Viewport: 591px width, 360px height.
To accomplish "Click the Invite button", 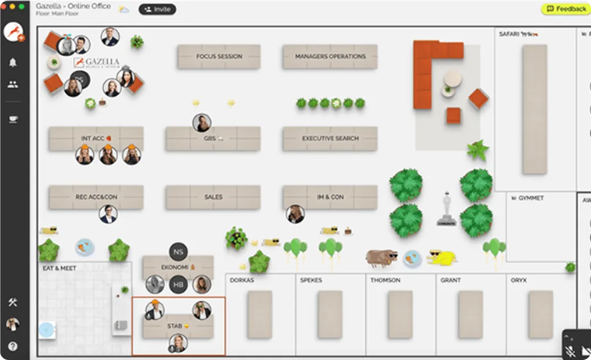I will [x=157, y=9].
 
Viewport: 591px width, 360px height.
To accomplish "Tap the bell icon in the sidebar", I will [x=13, y=63].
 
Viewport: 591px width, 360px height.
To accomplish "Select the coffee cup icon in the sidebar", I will [x=13, y=119].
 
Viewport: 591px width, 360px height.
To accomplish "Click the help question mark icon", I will [x=13, y=346].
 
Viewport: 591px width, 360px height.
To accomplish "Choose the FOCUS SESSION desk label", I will [x=219, y=57].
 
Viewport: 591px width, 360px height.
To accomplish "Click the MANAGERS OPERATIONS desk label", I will [x=330, y=57].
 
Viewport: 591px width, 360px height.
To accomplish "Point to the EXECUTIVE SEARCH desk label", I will [x=330, y=139].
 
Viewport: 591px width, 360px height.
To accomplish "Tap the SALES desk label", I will [x=213, y=197].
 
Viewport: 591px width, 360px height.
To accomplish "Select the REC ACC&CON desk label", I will [x=96, y=197].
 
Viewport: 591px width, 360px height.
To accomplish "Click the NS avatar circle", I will [x=178, y=252].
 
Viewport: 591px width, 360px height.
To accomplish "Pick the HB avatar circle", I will [x=178, y=285].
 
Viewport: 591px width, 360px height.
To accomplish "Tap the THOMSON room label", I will [x=385, y=281].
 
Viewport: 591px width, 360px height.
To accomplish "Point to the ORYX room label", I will [x=518, y=281].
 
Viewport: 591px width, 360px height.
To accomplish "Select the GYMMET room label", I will [x=530, y=198].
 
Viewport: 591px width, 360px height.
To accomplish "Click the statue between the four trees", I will [x=446, y=210].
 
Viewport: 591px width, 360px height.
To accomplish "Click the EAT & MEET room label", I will [x=59, y=269].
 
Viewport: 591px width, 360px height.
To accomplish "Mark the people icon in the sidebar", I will [x=13, y=85].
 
